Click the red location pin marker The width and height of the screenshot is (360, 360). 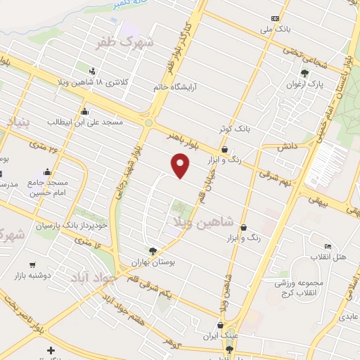click(x=181, y=165)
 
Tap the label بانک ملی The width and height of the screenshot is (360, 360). click(x=275, y=30)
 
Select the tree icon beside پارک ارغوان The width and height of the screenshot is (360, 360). click(x=304, y=73)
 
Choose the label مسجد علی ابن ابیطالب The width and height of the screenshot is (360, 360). click(x=84, y=122)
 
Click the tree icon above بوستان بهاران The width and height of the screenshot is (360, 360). click(x=153, y=251)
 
